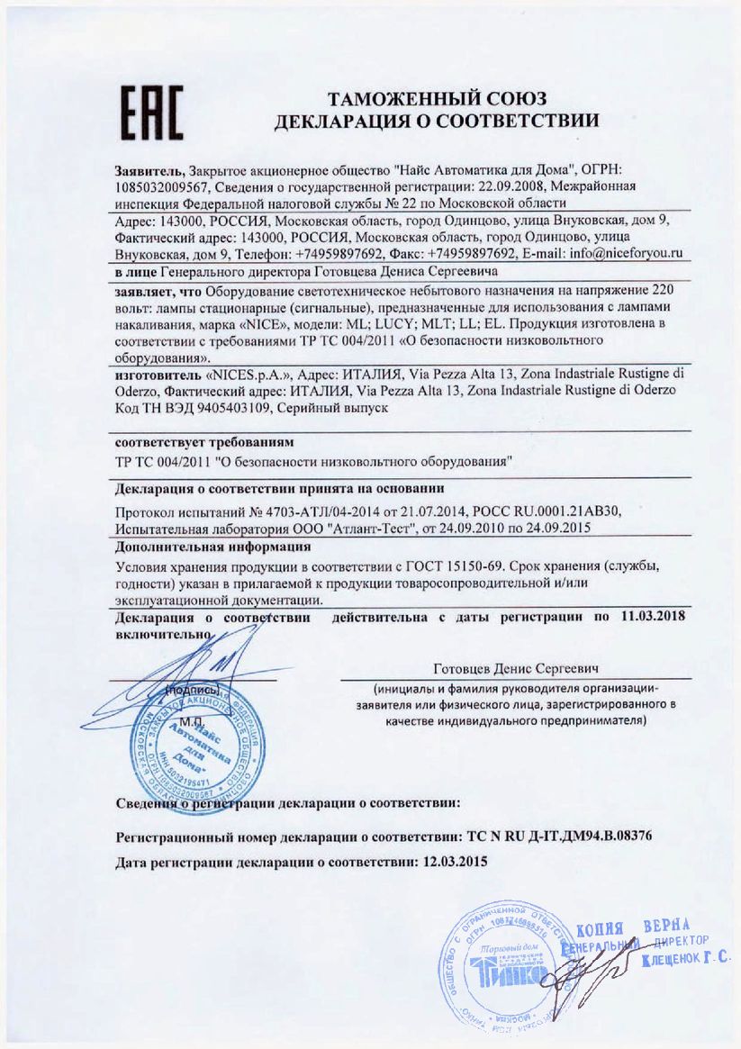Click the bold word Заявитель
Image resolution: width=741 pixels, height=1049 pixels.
click(x=149, y=170)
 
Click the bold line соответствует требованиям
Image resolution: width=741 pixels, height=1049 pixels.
click(x=204, y=443)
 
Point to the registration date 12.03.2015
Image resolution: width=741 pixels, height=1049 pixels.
click(x=455, y=861)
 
